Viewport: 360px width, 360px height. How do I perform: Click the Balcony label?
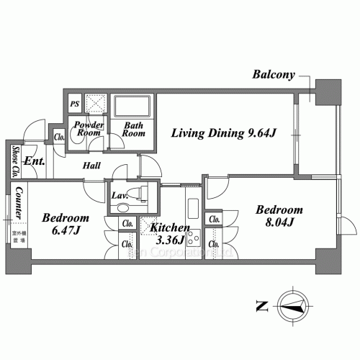click(273, 75)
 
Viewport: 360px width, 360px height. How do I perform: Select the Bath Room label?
click(134, 129)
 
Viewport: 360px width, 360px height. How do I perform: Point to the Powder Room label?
click(89, 128)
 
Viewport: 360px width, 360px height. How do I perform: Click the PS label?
click(74, 104)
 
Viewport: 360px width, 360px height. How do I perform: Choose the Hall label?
click(91, 166)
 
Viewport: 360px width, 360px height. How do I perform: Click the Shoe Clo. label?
click(15, 162)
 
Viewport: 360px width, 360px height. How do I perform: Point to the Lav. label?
click(119, 194)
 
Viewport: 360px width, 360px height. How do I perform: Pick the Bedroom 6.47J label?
click(65, 225)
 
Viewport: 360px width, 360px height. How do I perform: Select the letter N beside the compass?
click(259, 306)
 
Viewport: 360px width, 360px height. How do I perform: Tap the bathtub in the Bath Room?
click(132, 109)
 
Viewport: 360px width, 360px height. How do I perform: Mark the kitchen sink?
click(194, 209)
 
